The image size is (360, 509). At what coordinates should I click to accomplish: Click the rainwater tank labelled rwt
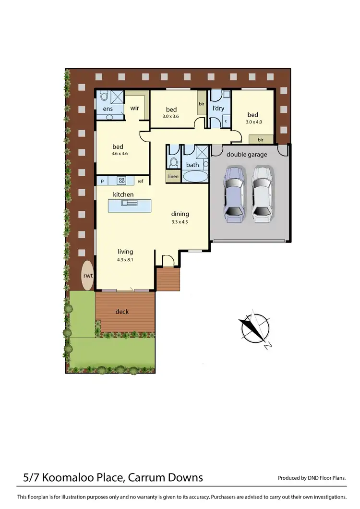[x=87, y=275]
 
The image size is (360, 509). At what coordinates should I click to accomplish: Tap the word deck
[x=122, y=312]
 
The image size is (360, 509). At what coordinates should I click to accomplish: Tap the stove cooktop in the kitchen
[x=122, y=181]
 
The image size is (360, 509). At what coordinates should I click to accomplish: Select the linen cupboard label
[x=173, y=177]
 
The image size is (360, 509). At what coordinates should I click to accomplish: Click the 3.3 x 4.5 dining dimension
[x=180, y=222]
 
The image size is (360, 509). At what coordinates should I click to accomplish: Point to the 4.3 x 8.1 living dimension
[x=125, y=259]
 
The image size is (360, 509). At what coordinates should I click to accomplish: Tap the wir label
[x=135, y=108]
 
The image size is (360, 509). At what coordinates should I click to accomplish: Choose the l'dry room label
[x=218, y=109]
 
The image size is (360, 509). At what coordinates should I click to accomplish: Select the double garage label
[x=247, y=154]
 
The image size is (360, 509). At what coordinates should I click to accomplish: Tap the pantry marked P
[x=102, y=181]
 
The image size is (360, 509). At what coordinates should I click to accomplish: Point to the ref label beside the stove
[x=141, y=181]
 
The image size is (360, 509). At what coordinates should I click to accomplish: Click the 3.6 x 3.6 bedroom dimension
[x=118, y=154]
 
